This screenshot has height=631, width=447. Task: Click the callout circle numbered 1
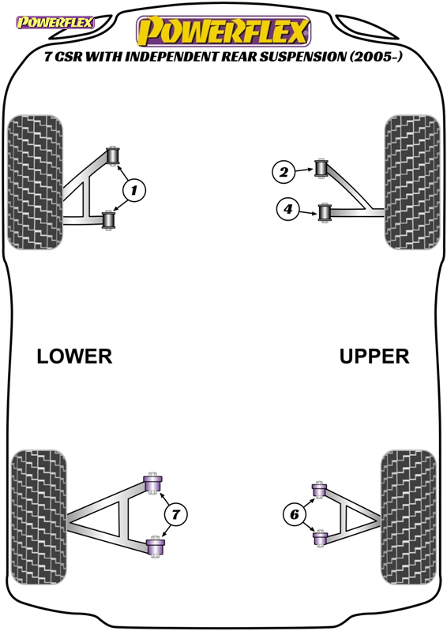click(133, 190)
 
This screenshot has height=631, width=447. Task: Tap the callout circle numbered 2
click(284, 172)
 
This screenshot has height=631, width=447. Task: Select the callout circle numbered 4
click(287, 209)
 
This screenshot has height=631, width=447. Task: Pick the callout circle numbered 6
click(295, 514)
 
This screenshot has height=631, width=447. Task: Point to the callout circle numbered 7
click(176, 514)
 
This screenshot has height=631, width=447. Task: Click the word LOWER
click(74, 357)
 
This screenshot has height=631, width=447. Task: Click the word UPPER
click(374, 357)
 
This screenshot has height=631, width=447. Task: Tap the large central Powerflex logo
click(223, 31)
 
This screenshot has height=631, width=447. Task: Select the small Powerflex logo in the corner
click(54, 22)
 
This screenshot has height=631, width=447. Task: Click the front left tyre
click(36, 182)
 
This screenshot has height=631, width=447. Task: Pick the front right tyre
click(412, 182)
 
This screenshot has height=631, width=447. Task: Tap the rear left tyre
click(39, 517)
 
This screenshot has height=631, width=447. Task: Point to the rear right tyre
click(408, 517)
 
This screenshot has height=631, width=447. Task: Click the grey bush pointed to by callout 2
click(321, 168)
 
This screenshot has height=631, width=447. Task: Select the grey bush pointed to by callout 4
click(325, 212)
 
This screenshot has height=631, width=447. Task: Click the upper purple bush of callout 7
click(153, 483)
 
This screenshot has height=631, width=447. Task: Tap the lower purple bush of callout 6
click(320, 538)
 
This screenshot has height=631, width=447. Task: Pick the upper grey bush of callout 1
click(113, 155)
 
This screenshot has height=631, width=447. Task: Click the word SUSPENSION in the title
click(302, 57)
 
